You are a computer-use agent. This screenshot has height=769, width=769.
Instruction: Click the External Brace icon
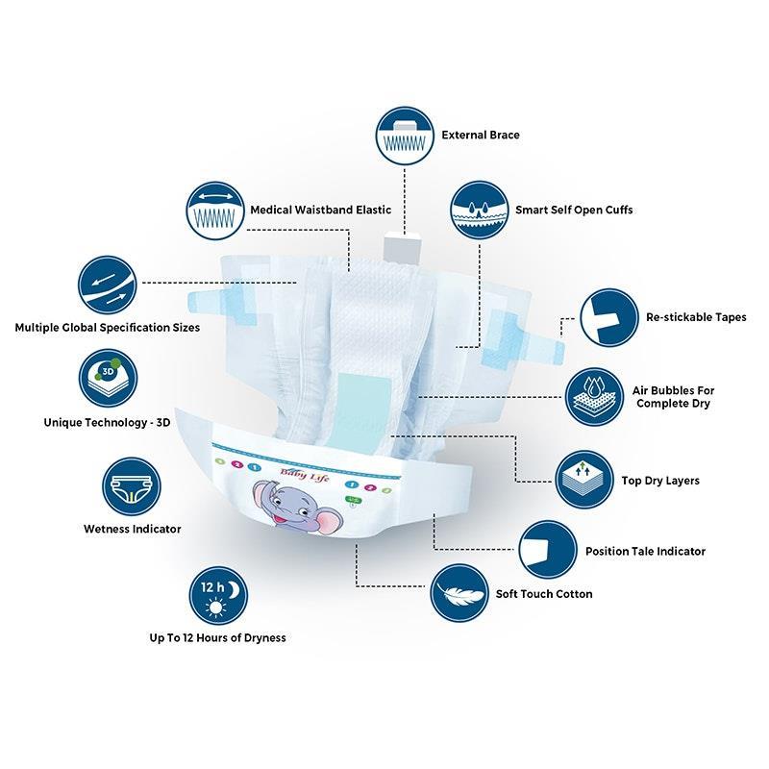pyautogui.click(x=405, y=136)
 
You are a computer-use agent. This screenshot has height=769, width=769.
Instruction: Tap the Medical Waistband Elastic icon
pyautogui.click(x=214, y=211)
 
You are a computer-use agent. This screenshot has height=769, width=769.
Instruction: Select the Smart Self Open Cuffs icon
pyautogui.click(x=479, y=211)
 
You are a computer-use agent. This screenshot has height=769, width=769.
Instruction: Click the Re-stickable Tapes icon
pyautogui.click(x=609, y=317)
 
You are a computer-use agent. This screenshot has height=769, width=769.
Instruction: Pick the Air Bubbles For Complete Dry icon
pyautogui.click(x=594, y=397)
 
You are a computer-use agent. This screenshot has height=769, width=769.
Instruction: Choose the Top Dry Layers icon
pyautogui.click(x=584, y=479)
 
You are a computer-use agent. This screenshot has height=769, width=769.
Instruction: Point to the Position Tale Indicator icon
pyautogui.click(x=547, y=550)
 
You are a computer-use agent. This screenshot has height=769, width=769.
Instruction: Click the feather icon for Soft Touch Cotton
pyautogui.click(x=459, y=593)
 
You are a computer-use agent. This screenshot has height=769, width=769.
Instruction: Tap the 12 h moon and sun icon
pyautogui.click(x=218, y=596)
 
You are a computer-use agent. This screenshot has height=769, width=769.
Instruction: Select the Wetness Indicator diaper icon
pyautogui.click(x=132, y=486)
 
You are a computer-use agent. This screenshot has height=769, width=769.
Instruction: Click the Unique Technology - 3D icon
pyautogui.click(x=108, y=378)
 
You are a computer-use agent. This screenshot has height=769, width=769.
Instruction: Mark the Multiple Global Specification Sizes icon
pyautogui.click(x=108, y=285)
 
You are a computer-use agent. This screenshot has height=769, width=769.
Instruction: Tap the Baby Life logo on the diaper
pyautogui.click(x=305, y=474)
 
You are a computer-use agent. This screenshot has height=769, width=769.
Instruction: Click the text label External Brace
pyautogui.click(x=481, y=135)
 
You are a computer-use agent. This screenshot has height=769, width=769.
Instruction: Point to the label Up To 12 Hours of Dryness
pyautogui.click(x=218, y=637)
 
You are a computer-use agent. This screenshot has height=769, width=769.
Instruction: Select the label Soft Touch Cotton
pyautogui.click(x=544, y=594)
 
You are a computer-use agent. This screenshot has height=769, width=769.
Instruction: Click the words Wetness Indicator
pyautogui.click(x=133, y=529)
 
